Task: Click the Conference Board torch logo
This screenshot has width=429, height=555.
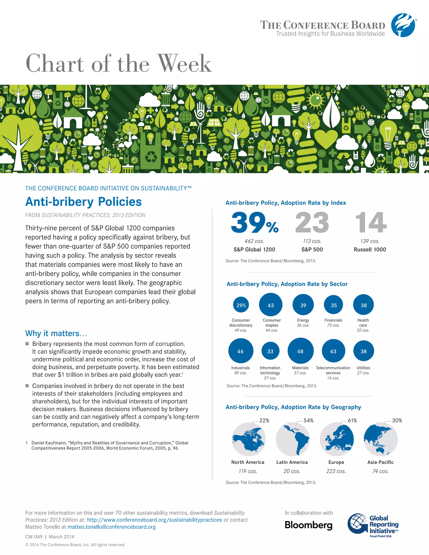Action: point(403,25)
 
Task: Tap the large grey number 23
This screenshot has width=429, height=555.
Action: point(312,223)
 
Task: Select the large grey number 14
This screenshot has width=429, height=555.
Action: point(371,223)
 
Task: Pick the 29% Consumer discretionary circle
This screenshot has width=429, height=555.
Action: point(241,305)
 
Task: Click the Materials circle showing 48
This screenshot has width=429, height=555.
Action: point(300,351)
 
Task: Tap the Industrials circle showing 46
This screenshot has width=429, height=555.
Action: point(241,351)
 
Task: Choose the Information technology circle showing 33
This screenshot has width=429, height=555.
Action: point(270,351)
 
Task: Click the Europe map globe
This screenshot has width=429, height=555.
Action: point(336,439)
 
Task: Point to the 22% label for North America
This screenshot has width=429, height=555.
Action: point(264,421)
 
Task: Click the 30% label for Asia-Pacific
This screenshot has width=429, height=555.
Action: point(397,421)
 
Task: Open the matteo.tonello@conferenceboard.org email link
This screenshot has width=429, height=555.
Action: point(112,527)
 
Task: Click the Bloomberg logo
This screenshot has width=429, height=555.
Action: point(309,525)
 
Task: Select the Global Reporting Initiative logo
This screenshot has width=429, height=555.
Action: point(373,525)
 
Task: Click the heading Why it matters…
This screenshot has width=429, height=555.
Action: point(56,333)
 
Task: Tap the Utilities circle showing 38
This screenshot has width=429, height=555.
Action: point(364,351)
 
